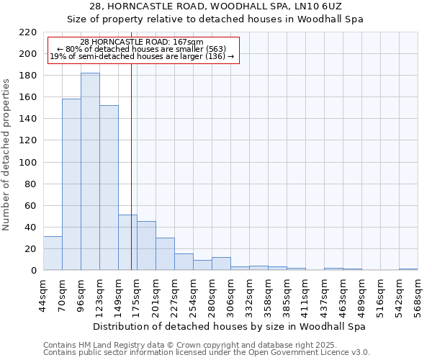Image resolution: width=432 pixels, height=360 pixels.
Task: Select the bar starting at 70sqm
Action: pos(71,184)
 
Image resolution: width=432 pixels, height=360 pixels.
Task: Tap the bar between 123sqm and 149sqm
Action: pos(109,187)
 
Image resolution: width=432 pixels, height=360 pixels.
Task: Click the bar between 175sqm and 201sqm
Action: pos(146,246)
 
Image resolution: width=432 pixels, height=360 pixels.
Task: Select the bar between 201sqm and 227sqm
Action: pos(165,254)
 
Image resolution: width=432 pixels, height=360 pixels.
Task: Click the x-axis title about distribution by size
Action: pos(230,326)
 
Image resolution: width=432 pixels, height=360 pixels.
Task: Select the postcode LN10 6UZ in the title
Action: pos(321,7)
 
